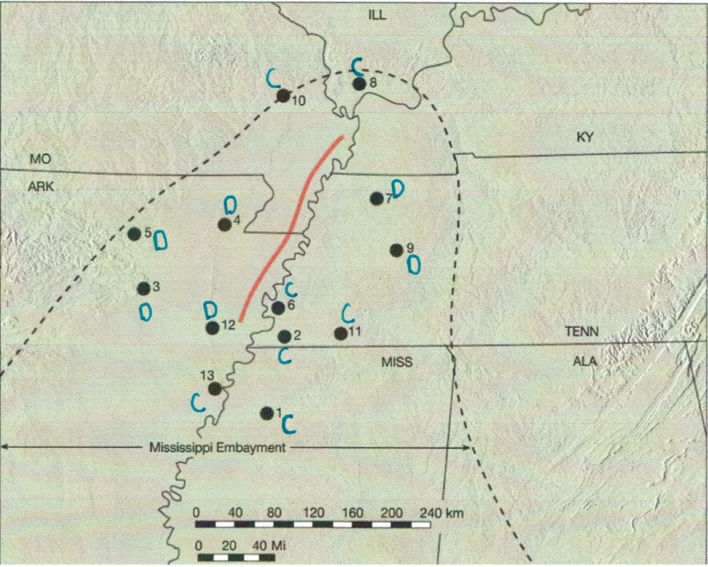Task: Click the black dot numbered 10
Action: coord(282,95)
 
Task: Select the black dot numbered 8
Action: coord(360,84)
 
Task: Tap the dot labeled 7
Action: coord(377,198)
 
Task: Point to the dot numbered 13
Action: coord(215,388)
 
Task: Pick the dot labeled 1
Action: coord(266,413)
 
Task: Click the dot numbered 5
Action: coord(134,233)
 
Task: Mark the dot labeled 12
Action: coord(212,328)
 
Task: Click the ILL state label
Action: coord(377,15)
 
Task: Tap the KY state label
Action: coord(586,137)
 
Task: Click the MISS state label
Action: coord(395,362)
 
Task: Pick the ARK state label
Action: coord(42,188)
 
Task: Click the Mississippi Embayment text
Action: coord(217,447)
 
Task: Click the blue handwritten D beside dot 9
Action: coord(414,264)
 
